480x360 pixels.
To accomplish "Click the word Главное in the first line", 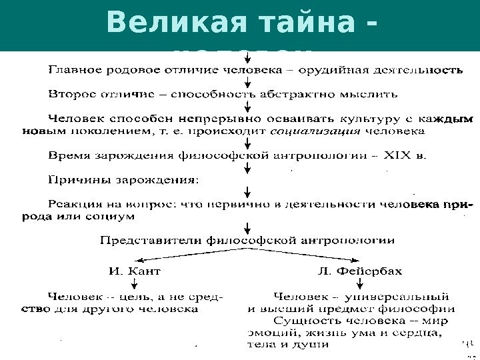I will point(73,69).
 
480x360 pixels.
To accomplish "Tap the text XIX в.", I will point(409,157).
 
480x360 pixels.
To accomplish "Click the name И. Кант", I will point(134,272).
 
